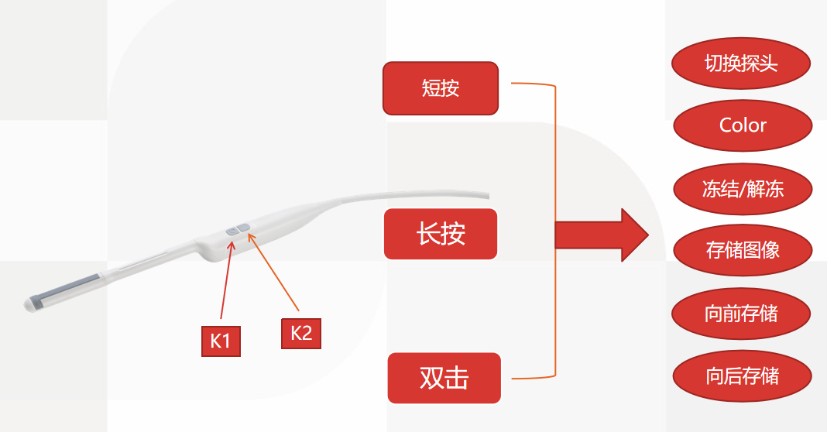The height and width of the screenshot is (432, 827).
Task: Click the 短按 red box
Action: (441, 88)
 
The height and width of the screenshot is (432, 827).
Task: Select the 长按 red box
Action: (441, 234)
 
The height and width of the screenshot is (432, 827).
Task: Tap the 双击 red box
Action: (444, 378)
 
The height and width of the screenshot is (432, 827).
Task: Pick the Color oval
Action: (743, 125)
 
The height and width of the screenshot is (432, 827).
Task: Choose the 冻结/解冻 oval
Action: (743, 188)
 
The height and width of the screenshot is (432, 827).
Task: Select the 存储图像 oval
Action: (743, 250)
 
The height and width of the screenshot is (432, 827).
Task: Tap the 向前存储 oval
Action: (741, 314)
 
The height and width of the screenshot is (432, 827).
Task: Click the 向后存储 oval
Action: (742, 376)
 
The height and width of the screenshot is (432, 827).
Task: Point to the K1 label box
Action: (221, 341)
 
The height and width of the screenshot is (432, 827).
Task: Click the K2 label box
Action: (301, 333)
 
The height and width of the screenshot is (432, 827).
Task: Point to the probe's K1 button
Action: (232, 231)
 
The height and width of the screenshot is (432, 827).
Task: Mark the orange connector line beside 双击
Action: (533, 378)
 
